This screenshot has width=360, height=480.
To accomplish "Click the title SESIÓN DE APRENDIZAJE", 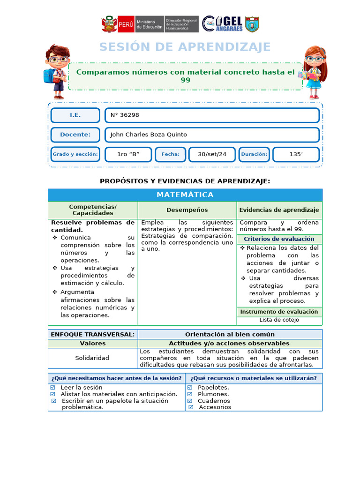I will pos(185,47).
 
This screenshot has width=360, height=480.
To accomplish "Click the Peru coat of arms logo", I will pos(109,24).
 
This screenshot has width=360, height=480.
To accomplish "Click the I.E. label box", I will pos(75,115).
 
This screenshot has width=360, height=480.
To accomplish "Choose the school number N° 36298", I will pos(125,115).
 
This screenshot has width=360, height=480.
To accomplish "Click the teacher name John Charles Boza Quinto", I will pos(149,135).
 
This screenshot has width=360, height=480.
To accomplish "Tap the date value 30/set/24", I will pos(212,154).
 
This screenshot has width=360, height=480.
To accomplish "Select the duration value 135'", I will pos(296,154).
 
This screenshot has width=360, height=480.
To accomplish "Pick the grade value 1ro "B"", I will pos(128,154).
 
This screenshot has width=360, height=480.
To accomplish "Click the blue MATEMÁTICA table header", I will pos(185,195).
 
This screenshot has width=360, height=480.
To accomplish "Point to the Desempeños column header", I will pos(187,210).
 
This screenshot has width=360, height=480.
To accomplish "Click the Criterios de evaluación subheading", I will pos(279,239).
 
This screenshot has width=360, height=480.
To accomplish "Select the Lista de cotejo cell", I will pos(279,320).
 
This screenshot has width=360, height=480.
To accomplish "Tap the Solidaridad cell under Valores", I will pos(92,358).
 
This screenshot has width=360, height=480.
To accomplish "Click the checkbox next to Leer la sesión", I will pos(53,388).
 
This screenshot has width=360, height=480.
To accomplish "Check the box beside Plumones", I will pos(190,394).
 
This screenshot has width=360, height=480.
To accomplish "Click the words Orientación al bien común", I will pos(230,334).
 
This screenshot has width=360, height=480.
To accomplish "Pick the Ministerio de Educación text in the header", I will pos(149,24).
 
